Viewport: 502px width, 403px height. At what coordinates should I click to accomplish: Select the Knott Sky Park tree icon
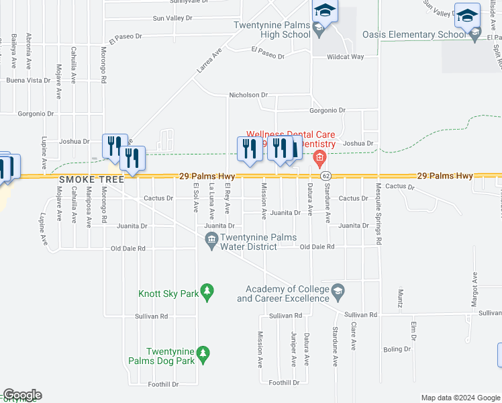(208, 290)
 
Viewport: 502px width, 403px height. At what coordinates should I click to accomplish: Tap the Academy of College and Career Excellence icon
(338, 289)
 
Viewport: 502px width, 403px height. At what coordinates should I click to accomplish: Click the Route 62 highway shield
(325, 175)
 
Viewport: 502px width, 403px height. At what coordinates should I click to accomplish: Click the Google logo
(21, 395)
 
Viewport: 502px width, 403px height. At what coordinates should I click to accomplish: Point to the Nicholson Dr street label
(248, 95)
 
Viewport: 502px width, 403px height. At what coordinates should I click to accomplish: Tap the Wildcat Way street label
(345, 57)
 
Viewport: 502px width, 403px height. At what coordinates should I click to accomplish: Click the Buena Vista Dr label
(28, 80)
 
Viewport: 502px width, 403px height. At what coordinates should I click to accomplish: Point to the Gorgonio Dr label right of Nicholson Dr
(327, 110)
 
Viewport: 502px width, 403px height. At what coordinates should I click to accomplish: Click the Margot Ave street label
(474, 288)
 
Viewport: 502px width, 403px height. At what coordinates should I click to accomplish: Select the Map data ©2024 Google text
(460, 398)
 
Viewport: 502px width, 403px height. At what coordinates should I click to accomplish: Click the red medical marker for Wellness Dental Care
(319, 159)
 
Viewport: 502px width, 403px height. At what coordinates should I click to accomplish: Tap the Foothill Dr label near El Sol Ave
(164, 385)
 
